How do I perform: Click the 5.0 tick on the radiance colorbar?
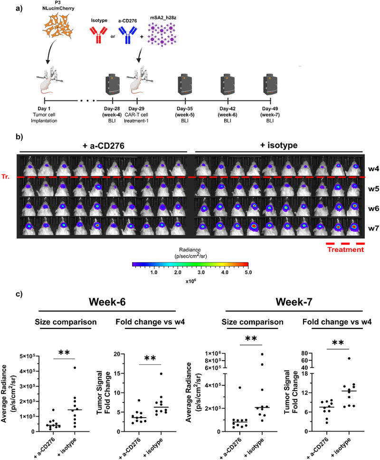click(x=247, y=273)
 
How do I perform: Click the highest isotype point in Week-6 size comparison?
click(x=75, y=368)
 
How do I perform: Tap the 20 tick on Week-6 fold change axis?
click(x=121, y=355)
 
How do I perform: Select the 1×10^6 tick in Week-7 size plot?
click(x=213, y=353)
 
